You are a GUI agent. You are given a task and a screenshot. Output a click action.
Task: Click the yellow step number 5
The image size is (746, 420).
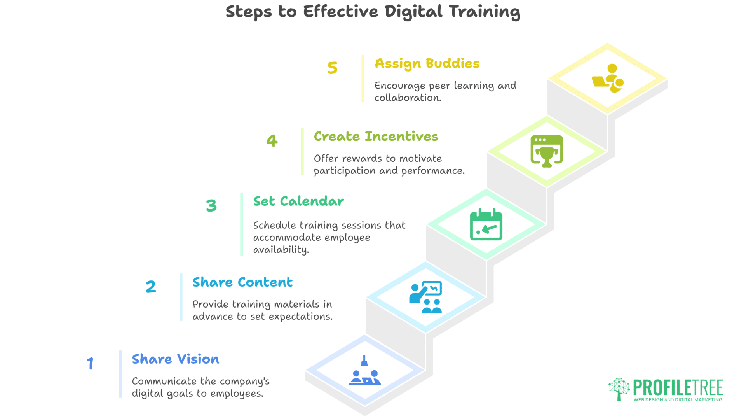[x=332, y=68]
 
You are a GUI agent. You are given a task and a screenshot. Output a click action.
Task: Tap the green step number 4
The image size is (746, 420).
[x=272, y=140]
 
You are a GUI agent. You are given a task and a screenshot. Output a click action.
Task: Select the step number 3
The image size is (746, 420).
[x=211, y=205]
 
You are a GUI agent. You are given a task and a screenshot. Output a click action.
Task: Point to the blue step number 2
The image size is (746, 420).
[x=151, y=287]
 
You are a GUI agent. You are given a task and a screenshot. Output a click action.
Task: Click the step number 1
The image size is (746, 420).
[x=90, y=364]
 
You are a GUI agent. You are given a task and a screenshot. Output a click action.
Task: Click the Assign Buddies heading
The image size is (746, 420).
[x=427, y=64]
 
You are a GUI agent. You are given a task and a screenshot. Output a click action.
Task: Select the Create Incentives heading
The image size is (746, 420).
[x=376, y=136]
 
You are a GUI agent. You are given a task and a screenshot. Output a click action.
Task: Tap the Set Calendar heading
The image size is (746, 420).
[x=298, y=201]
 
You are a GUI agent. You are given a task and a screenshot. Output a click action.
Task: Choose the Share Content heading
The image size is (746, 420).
[x=242, y=282]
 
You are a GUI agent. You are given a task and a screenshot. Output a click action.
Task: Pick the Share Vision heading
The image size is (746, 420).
[x=175, y=359]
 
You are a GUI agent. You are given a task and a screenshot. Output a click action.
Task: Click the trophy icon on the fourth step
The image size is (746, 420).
[x=547, y=151]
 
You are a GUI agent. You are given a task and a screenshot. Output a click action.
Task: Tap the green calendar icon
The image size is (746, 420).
[x=486, y=224]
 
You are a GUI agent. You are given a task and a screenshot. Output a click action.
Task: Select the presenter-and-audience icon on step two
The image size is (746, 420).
[x=425, y=297]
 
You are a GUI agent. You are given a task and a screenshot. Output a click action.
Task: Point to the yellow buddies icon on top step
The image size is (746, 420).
[x=608, y=78]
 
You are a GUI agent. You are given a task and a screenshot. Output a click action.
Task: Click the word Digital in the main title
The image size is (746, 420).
[x=413, y=12]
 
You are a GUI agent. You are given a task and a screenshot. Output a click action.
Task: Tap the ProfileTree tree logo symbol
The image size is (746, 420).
[x=619, y=388]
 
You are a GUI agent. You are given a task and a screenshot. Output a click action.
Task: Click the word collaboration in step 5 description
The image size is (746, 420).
[x=407, y=98]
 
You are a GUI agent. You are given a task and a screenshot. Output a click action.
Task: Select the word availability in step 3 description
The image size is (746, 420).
[x=281, y=250]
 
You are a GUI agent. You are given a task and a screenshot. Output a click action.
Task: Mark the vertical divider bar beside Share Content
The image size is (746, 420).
[x=181, y=297]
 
